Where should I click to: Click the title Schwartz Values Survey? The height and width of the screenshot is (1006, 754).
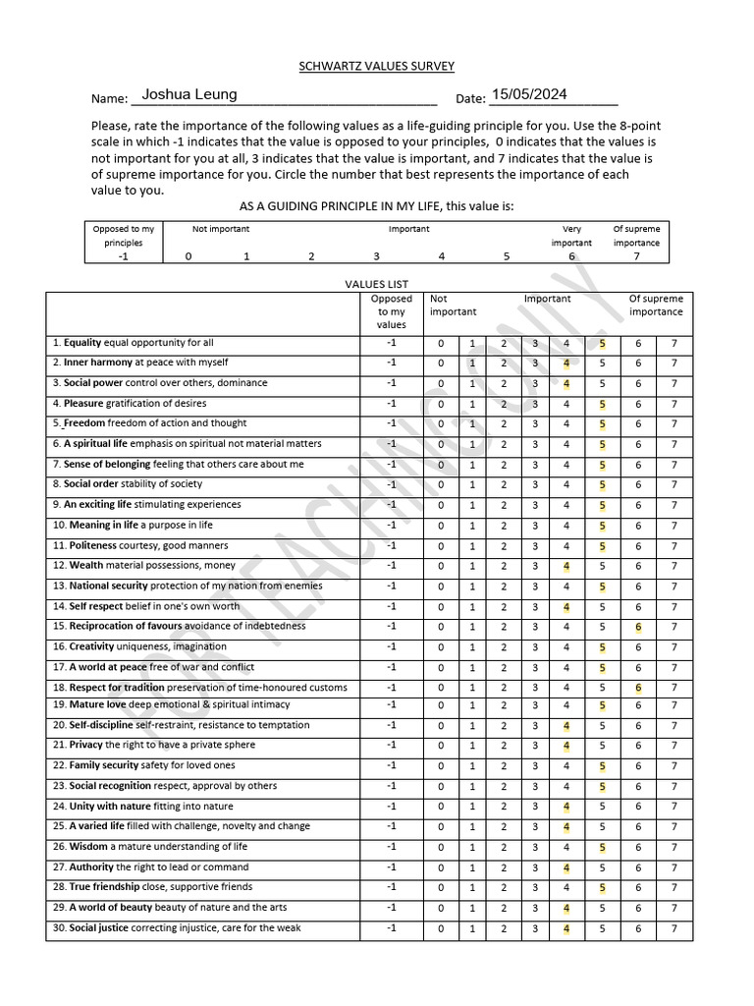[x=376, y=66]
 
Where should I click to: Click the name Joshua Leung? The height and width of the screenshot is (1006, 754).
[x=189, y=94]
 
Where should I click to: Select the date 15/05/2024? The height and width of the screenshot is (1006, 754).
[x=529, y=94]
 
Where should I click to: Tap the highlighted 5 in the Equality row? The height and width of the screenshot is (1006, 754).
[x=602, y=343]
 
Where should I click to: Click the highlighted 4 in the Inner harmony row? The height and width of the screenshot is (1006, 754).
[x=566, y=363]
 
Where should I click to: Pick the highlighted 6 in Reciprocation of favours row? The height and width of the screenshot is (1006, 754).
[x=638, y=627]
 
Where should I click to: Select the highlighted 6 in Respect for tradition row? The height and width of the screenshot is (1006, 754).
[x=638, y=688]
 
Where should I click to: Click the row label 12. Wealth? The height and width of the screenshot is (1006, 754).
[x=144, y=566]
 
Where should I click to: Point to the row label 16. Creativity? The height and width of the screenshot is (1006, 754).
[x=139, y=646]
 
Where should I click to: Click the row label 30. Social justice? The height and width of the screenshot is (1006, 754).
[x=177, y=928]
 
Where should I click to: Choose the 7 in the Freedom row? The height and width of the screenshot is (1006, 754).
[x=673, y=423]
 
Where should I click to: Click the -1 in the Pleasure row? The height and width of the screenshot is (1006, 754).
[x=391, y=403]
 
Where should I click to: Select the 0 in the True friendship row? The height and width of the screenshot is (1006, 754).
[x=441, y=888]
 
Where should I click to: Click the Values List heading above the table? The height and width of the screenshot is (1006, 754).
[x=376, y=283]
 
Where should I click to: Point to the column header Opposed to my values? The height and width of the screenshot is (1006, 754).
[x=391, y=311]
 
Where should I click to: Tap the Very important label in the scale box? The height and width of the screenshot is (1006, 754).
[x=570, y=236]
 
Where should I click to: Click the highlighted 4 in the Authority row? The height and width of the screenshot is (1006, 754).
[x=566, y=867]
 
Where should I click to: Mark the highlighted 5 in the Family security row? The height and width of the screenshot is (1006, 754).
[x=602, y=766]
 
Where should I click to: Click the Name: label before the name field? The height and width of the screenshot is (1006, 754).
[x=109, y=99]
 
